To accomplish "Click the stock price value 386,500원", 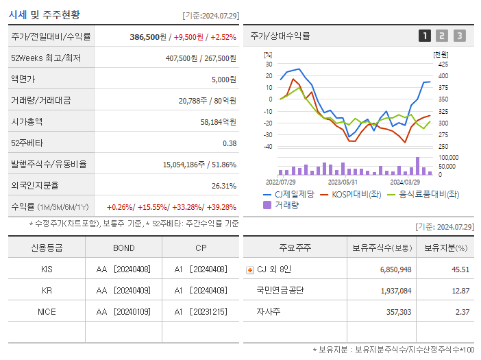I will pos(148,37).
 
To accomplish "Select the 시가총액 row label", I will pos(27,121).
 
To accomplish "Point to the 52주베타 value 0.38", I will pos(229,143).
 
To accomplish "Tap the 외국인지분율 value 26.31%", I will pos(223,185).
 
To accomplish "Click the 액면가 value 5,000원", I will pos(223,80).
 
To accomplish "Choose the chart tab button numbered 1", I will pos(425,36).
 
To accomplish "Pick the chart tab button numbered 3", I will pos(459,36).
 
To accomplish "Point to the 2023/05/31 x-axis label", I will pos(343,182).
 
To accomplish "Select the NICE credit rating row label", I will pos(47,311).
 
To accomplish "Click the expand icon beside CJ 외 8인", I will pos(249,270).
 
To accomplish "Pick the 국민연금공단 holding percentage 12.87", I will pos(460,291).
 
